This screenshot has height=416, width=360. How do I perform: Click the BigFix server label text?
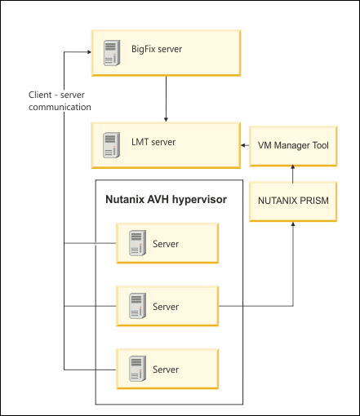[x=157, y=49]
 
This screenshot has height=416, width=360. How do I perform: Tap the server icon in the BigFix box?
[x=112, y=53]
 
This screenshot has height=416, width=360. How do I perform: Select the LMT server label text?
[x=153, y=142]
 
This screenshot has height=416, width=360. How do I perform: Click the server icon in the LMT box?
[x=111, y=145]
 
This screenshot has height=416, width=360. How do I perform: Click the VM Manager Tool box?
[x=293, y=146]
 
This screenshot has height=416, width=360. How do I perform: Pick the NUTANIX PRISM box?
[x=293, y=201]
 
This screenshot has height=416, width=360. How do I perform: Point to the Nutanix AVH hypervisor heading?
[x=166, y=200]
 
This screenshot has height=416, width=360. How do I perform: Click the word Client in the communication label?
[x=40, y=95]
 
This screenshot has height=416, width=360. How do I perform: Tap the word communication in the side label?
[x=60, y=107]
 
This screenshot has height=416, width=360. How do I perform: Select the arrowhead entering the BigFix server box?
[x=89, y=52]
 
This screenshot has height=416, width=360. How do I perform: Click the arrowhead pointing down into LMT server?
[x=166, y=119]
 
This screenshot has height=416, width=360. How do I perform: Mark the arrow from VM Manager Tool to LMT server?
[x=245, y=145]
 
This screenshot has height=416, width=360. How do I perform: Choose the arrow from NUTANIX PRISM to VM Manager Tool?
[x=293, y=174]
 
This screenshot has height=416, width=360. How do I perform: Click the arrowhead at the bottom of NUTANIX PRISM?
[x=293, y=223]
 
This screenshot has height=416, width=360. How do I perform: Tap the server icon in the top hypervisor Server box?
[x=137, y=243]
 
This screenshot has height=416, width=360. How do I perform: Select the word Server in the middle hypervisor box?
[x=166, y=307]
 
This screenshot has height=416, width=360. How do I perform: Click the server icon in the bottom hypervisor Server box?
[x=137, y=369]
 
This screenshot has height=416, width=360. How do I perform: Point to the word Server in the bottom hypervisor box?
[x=166, y=370]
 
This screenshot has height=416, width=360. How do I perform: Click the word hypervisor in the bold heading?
[x=199, y=200]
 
